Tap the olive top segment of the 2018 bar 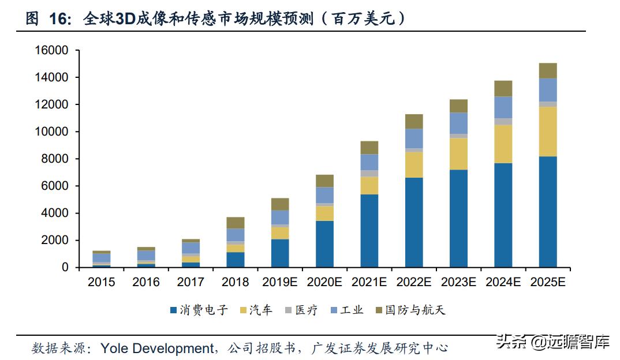(x=235, y=223)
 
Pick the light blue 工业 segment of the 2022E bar (x=413, y=138)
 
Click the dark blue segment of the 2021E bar (x=369, y=231)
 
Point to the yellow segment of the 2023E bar (x=458, y=153)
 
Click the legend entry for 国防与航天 (x=410, y=310)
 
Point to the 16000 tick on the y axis (x=51, y=51)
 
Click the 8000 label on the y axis (x=55, y=159)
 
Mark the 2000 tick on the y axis (x=55, y=241)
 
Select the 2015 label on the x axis (x=101, y=282)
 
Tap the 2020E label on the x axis (x=324, y=282)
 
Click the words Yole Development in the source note (x=157, y=348)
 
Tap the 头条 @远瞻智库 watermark (x=552, y=342)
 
